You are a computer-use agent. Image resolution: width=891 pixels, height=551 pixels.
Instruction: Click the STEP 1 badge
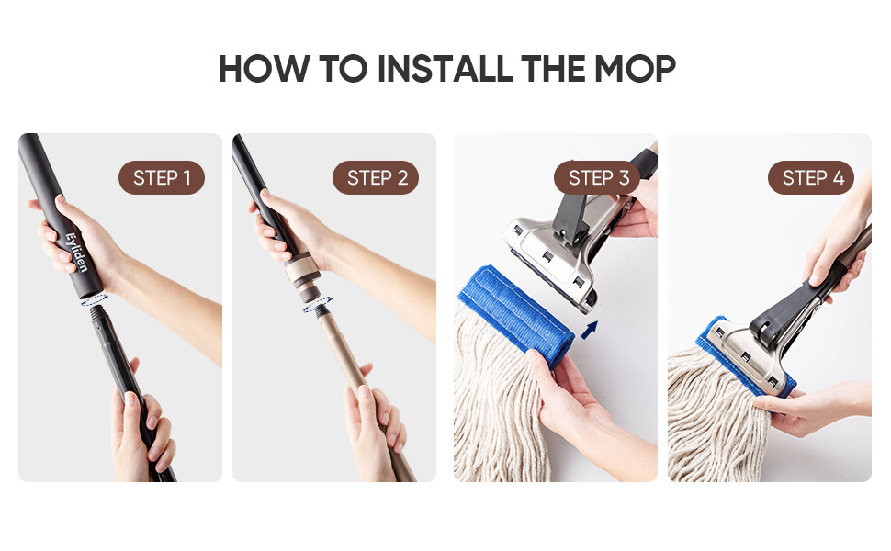[x=162, y=177]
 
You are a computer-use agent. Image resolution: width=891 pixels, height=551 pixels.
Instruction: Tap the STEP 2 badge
[x=376, y=177]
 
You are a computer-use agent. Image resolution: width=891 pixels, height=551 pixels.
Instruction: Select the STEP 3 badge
[x=598, y=177]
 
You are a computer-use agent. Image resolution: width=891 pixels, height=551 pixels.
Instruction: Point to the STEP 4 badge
[x=812, y=177]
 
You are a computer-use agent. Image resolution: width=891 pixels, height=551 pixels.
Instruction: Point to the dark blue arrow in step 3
[x=588, y=327]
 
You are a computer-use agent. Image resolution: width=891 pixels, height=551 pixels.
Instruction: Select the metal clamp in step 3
[x=551, y=257]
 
